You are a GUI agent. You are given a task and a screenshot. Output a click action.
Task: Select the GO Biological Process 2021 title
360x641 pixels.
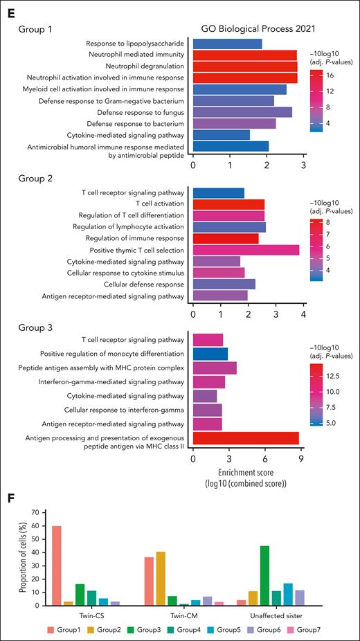click(x=248, y=31)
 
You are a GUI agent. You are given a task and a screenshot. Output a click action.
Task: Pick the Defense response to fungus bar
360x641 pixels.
click(x=242, y=111)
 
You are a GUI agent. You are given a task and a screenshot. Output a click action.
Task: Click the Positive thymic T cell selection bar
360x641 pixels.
click(x=246, y=250)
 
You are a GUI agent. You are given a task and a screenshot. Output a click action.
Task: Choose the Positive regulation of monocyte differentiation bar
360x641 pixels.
click(x=210, y=354)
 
